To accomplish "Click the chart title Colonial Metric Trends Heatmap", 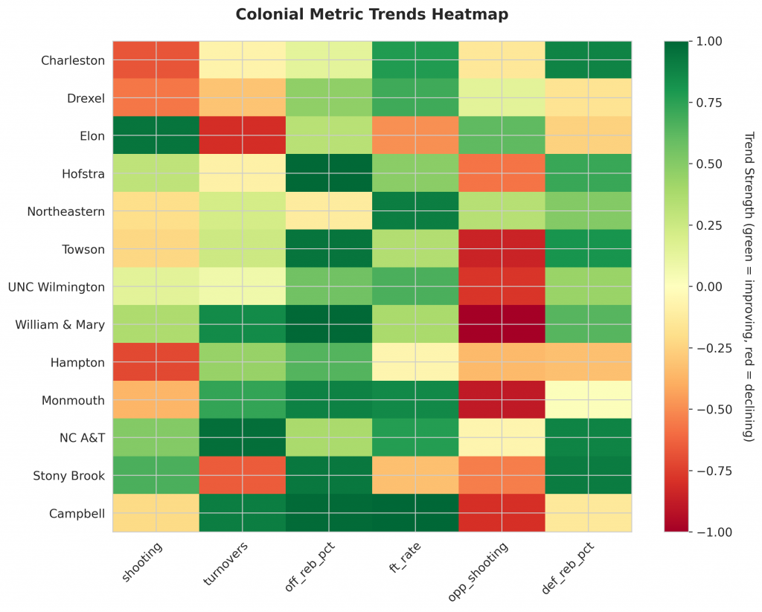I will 372,14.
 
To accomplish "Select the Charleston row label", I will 73,60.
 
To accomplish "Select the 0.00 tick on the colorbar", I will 705,286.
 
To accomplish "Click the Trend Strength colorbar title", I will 748,286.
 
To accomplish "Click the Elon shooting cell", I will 156,135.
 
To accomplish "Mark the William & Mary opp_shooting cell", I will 502,324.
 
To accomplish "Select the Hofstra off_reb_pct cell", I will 328,173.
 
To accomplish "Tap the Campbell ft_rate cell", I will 415,513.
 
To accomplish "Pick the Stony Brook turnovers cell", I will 242,475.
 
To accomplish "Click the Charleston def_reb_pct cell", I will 588,60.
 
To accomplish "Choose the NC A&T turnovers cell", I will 242,437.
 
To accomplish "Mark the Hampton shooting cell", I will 156,362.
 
